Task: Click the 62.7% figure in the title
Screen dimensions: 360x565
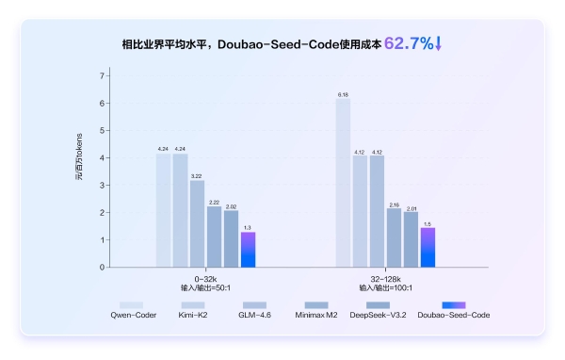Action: click(x=408, y=43)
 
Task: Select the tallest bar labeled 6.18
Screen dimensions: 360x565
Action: click(x=343, y=183)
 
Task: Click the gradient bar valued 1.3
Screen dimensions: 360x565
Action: click(x=248, y=250)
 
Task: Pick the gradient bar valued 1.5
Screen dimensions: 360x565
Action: click(x=428, y=247)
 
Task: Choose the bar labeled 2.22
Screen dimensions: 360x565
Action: click(x=214, y=237)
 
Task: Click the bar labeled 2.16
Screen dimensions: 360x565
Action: click(x=394, y=237)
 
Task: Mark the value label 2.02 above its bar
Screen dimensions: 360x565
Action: click(x=231, y=206)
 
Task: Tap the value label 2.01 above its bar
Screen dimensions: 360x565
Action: click(x=411, y=206)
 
